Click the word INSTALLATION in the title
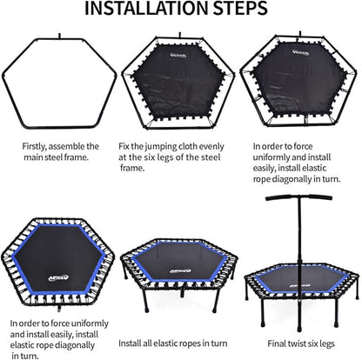(x=147, y=8)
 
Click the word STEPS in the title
(x=241, y=8)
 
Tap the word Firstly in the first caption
(x=34, y=147)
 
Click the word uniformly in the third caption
(x=271, y=157)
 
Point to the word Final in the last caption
(x=277, y=343)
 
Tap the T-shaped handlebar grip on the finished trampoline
(x=298, y=197)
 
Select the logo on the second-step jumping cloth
(x=178, y=55)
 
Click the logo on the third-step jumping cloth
(x=300, y=52)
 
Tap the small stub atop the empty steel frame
(x=59, y=36)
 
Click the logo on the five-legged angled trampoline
(x=180, y=271)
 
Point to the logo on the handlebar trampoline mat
(x=296, y=285)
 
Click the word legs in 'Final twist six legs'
(x=326, y=344)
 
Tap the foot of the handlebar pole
(x=299, y=329)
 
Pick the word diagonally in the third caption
(x=291, y=179)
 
